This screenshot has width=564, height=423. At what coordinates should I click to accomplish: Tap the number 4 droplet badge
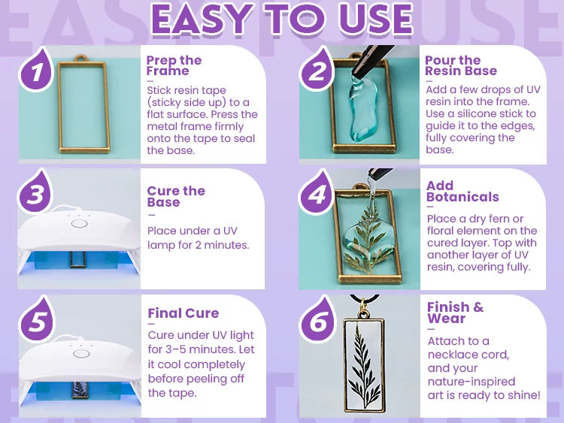317,192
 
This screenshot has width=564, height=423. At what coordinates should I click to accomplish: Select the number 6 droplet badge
318,320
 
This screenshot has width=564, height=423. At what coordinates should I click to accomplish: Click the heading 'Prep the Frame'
174,65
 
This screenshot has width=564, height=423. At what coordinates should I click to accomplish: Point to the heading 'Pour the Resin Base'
461,65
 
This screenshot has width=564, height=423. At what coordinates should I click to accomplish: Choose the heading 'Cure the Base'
176,196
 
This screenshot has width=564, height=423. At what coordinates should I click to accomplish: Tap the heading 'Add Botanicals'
462,191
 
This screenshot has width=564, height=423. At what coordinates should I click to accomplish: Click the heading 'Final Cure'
183,313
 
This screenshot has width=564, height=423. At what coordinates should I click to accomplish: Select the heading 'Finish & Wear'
456,313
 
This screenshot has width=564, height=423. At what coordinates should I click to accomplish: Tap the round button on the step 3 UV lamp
79,224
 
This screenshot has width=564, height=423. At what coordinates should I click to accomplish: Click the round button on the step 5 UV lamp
81,353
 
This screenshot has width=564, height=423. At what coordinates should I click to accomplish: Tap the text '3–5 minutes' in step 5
201,349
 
